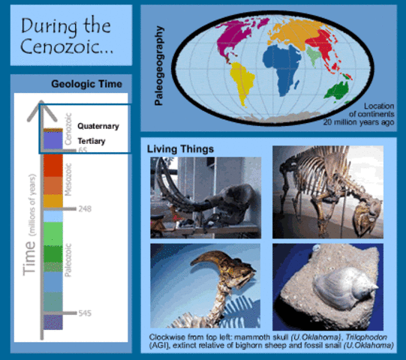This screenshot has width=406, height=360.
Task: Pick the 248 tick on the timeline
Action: pos(84,208)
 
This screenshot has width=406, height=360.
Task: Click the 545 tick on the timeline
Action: pos(84,313)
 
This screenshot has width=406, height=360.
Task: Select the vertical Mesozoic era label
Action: pos(69,180)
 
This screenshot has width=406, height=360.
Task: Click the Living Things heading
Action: pos(180,149)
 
